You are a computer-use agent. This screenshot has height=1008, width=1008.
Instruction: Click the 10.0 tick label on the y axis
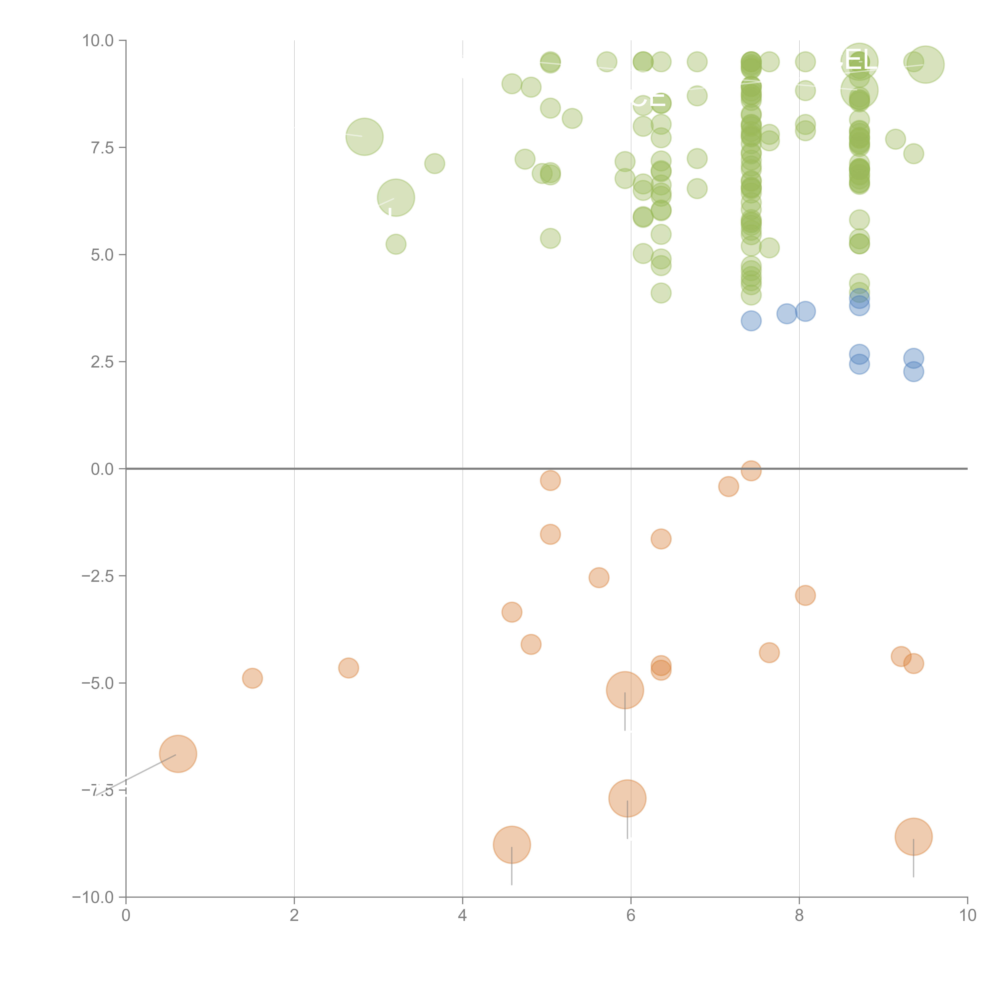(x=98, y=41)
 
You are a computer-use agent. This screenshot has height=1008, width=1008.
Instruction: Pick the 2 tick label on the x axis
(x=294, y=916)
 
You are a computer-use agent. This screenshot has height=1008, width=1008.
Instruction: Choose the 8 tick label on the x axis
(x=799, y=916)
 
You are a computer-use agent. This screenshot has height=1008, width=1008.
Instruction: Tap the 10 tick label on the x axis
(x=967, y=916)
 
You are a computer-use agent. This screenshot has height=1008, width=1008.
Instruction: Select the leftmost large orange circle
(x=178, y=754)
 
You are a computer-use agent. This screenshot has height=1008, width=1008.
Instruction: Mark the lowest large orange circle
(x=512, y=845)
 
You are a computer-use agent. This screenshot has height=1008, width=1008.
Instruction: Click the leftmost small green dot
(x=396, y=244)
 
